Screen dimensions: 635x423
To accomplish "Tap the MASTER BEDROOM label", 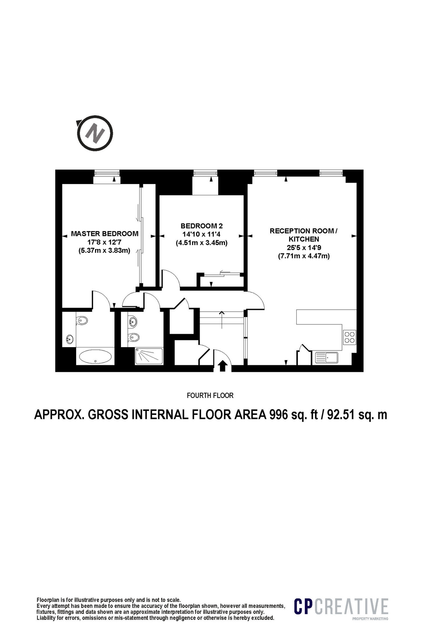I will point(105,234).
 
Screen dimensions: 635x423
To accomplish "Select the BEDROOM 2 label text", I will point(202,226).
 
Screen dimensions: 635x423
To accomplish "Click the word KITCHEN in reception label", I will point(304,239).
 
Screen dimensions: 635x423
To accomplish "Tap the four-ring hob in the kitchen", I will point(350,337).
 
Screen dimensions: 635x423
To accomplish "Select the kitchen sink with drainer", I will point(327,358).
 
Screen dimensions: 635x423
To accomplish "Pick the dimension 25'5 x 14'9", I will point(304,248).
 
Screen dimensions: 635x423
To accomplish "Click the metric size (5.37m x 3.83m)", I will point(105,250).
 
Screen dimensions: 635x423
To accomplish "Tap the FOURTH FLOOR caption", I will point(210,396).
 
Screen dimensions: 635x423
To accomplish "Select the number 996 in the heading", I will point(279,415).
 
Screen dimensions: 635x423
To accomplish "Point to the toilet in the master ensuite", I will point(82,320).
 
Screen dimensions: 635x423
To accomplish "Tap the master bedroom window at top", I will point(107,173).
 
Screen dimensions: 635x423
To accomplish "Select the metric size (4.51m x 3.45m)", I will point(202,242).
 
